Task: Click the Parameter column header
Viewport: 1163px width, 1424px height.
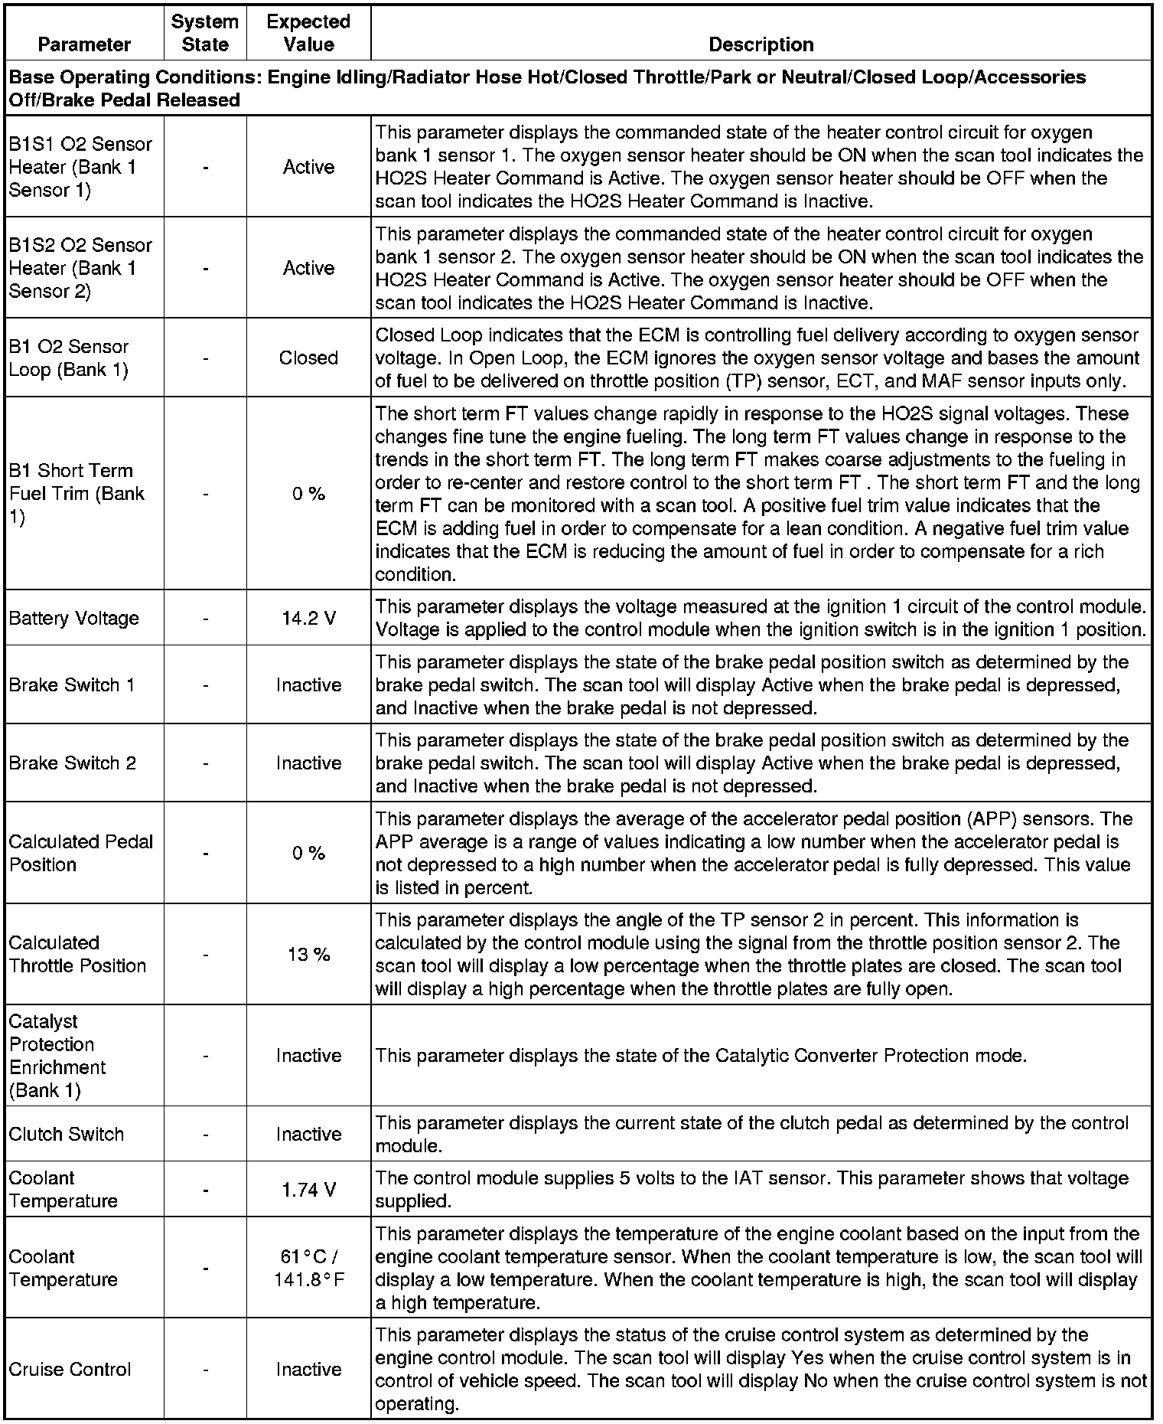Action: (84, 44)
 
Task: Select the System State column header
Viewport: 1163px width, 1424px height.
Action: (205, 33)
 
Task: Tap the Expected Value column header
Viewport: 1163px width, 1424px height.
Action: (308, 33)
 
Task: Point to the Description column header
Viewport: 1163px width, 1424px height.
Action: (761, 44)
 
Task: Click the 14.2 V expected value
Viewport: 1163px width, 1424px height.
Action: (308, 618)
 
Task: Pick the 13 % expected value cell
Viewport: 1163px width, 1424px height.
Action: (308, 955)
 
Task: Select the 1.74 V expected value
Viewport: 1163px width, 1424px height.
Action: (308, 1190)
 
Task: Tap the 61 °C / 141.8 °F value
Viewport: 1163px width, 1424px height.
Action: (308, 1268)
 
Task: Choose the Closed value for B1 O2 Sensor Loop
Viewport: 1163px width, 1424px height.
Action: (308, 358)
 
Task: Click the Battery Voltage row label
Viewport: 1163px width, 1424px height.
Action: (74, 618)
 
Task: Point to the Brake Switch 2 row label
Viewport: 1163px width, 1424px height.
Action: (73, 763)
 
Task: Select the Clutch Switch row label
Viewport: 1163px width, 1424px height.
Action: (67, 1134)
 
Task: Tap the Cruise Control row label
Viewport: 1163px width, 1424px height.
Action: (70, 1370)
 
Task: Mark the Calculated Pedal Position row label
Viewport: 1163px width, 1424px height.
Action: (81, 853)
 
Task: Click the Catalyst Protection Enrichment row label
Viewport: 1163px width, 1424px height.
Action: (57, 1056)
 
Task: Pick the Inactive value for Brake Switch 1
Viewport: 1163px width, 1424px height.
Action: (308, 685)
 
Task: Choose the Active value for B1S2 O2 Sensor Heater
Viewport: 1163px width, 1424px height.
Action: (308, 268)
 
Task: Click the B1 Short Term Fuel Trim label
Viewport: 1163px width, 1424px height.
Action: (77, 494)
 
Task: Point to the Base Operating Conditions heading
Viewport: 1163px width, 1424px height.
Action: (547, 88)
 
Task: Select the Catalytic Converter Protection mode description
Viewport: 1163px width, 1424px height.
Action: (700, 1056)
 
